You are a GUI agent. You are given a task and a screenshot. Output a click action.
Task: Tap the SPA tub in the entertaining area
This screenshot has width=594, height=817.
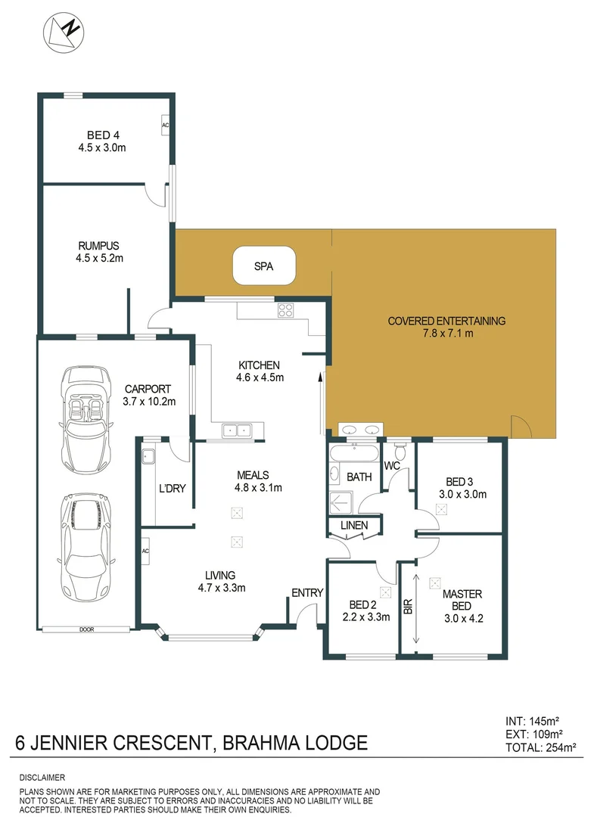coord(263,266)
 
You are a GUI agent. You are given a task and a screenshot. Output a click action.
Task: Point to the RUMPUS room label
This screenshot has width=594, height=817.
coord(98,246)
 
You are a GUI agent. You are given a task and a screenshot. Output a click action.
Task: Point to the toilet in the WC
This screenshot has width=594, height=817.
coord(400,452)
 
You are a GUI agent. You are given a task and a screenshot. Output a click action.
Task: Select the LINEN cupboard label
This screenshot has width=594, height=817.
coord(354,525)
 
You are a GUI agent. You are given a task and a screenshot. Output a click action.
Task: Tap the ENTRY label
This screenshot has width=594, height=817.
coord(308,592)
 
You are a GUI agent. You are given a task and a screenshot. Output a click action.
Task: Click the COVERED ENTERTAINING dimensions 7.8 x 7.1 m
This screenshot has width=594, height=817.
coord(446,333)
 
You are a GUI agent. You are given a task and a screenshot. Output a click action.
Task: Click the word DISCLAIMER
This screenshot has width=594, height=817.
coord(42,777)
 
